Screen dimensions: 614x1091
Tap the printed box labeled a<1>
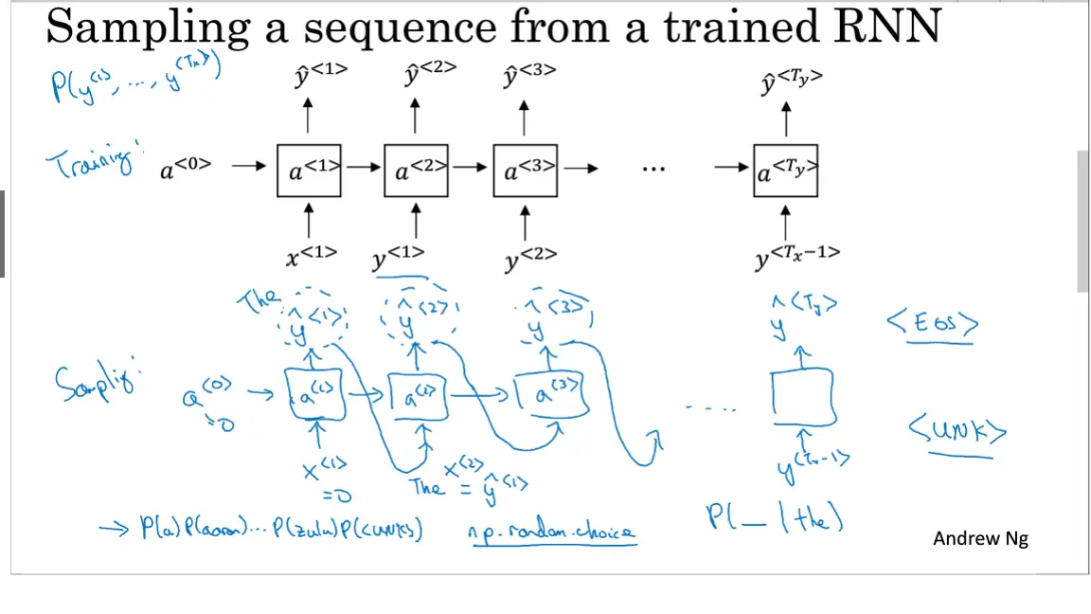click(309, 171)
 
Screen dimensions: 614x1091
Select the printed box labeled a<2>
click(416, 171)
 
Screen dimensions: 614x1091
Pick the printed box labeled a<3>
click(524, 171)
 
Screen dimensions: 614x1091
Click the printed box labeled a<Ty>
click(785, 171)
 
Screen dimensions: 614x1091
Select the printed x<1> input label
click(312, 255)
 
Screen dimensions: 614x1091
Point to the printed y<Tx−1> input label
click(796, 257)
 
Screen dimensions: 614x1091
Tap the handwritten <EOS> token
click(932, 324)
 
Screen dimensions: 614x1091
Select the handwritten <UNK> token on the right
click(957, 433)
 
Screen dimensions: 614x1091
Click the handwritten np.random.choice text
click(552, 533)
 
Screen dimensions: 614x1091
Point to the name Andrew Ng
click(980, 539)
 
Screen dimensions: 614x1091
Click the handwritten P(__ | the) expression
click(775, 517)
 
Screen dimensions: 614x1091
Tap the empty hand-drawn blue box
click(803, 399)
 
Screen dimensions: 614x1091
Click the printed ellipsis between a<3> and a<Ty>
click(653, 169)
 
